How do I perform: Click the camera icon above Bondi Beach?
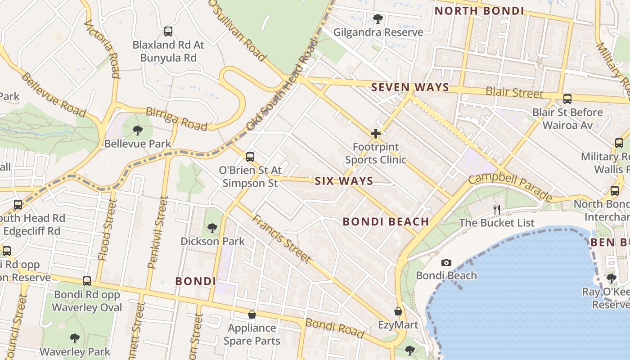tap(446, 262)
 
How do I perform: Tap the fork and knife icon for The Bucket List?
tap(497, 209)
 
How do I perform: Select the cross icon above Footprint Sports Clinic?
tap(375, 134)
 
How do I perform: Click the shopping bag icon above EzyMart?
tap(398, 311)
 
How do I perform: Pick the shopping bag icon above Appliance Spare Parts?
tap(252, 314)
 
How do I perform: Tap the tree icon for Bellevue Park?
tap(138, 130)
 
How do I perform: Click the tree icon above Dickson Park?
tap(212, 228)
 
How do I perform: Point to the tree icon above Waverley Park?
tap(75, 338)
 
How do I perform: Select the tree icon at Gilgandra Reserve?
tap(378, 19)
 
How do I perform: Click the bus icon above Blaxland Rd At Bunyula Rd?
tap(168, 31)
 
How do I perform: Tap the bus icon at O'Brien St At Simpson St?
tap(250, 157)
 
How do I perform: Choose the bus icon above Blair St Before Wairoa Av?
tap(567, 99)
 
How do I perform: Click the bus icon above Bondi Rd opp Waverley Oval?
tap(87, 281)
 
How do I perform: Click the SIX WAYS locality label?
tap(344, 181)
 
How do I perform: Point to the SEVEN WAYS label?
tap(410, 87)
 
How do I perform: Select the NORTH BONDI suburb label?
tap(480, 11)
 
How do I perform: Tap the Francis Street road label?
tap(281, 238)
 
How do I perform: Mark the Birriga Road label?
tap(176, 118)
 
